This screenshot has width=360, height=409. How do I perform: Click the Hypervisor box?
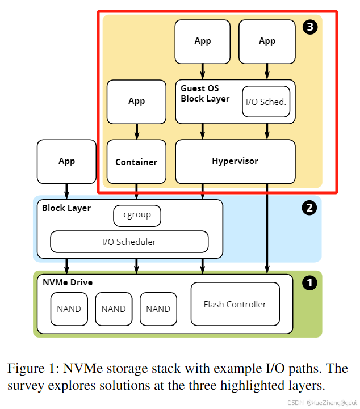coord(235,162)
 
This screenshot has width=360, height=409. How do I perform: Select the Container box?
coord(136,162)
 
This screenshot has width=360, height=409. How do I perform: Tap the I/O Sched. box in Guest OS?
coord(266,102)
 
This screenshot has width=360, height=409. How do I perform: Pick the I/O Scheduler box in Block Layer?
coord(129,242)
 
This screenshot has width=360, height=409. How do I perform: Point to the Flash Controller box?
coord(235,304)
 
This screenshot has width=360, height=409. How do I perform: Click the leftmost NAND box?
coord(69,309)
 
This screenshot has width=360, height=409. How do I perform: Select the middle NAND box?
coord(114,309)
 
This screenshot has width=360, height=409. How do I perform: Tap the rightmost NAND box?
coord(158,309)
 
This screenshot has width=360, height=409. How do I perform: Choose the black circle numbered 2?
coord(309,208)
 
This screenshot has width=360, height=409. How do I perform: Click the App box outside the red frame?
coord(66,162)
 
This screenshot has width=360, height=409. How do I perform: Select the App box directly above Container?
coord(136,101)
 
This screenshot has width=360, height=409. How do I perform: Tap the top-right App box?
coord(267,41)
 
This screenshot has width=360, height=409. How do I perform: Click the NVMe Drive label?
coord(68,282)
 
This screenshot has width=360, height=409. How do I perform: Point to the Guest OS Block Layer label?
coord(204,94)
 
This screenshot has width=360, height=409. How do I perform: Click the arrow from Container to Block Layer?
coord(136,191)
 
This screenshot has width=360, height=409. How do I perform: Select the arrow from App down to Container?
coord(136,132)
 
